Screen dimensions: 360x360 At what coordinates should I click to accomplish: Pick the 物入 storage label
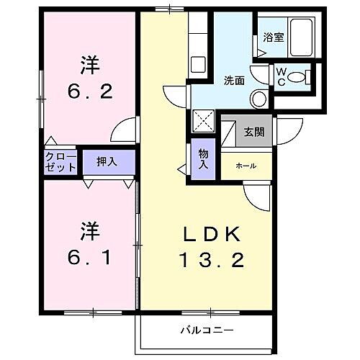[203, 158]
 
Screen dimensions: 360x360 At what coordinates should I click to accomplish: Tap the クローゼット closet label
[61, 161]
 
